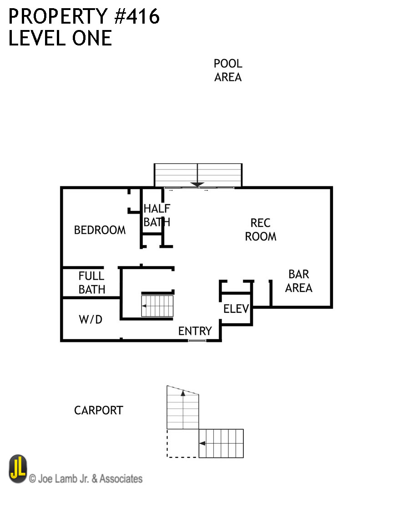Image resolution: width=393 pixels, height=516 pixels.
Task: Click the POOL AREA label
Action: pos(228,70)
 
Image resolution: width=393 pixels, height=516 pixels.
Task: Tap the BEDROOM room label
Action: pos(100,230)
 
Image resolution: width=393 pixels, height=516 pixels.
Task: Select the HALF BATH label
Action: pos(157,215)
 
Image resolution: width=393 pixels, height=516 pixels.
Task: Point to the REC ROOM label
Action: pos(261,230)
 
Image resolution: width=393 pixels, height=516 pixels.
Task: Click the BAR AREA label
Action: pos(299,281)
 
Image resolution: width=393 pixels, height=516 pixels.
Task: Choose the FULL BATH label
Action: pos(92,282)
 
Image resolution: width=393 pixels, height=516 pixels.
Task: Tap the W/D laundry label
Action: pos(91,320)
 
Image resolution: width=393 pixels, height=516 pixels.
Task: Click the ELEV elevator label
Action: pos(236,309)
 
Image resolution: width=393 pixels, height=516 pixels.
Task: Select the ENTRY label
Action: pos(195,331)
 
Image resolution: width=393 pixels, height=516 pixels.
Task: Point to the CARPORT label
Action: pos(98,411)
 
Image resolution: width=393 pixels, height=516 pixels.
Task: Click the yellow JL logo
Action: pos(18,469)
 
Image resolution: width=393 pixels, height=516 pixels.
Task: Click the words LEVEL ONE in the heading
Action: pos(60,38)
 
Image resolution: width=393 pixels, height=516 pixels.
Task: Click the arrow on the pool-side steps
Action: pos(197,184)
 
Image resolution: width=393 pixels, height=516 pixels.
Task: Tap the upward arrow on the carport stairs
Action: pos(183,394)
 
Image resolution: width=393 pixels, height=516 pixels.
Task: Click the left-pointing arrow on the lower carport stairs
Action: pos(203,443)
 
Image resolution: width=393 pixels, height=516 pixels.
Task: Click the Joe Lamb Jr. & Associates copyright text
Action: pos(86,479)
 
